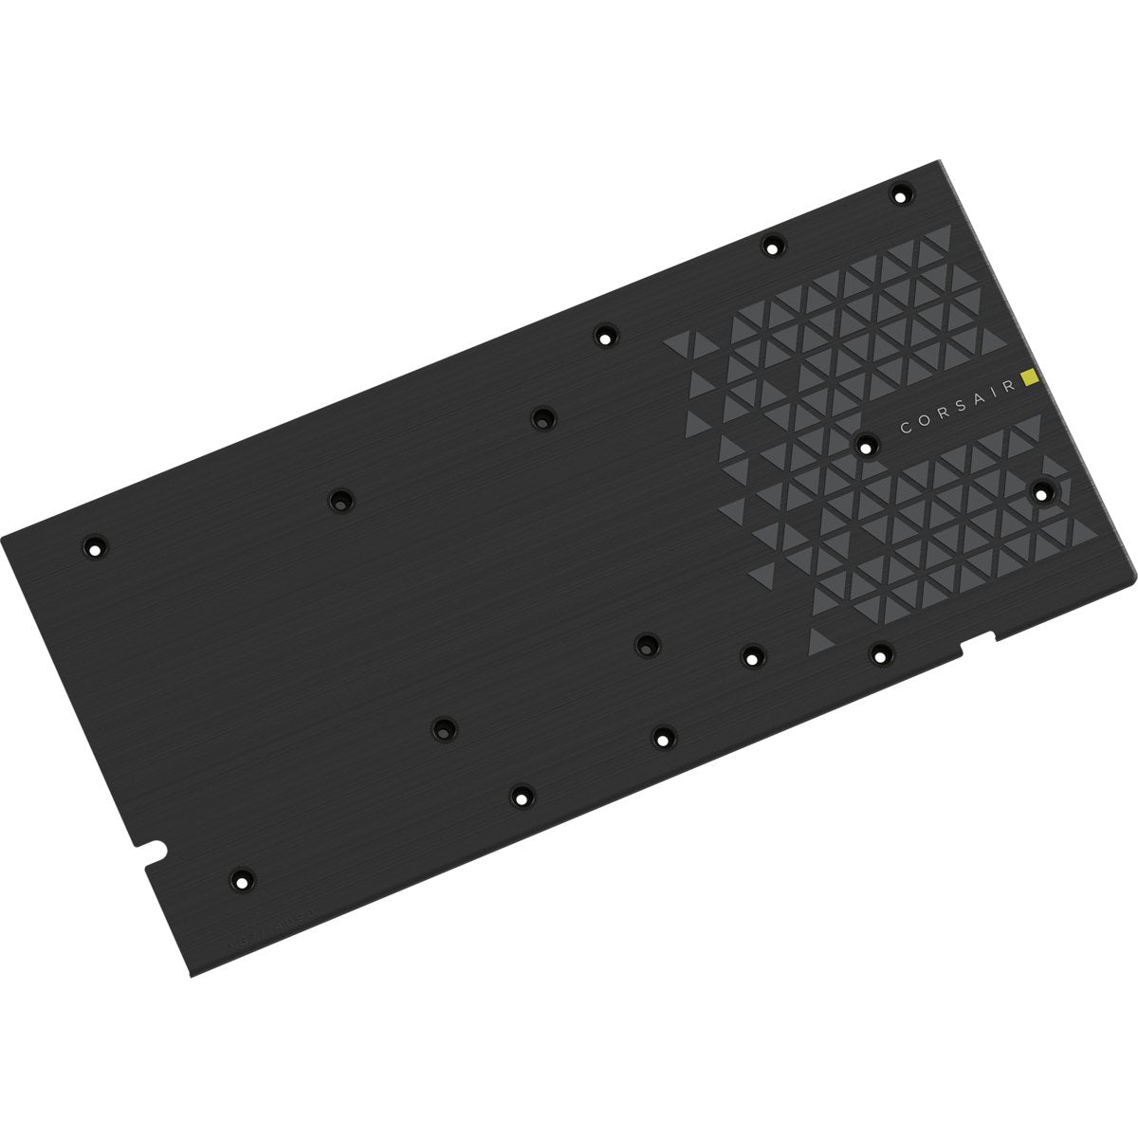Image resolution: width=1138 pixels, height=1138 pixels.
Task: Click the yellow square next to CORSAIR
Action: (1032, 379)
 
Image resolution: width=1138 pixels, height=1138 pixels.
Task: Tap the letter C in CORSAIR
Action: (905, 428)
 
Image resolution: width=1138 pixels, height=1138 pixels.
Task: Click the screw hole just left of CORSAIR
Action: (865, 443)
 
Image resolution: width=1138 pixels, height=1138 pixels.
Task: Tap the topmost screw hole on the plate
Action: (898, 195)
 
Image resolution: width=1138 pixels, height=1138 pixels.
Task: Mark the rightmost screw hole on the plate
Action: (1043, 491)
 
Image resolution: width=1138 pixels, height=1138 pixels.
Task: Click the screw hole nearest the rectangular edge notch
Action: (881, 652)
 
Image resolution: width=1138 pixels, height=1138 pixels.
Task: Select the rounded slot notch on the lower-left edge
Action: (152, 847)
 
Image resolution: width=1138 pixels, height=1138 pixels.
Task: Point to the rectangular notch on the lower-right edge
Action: (979, 640)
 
